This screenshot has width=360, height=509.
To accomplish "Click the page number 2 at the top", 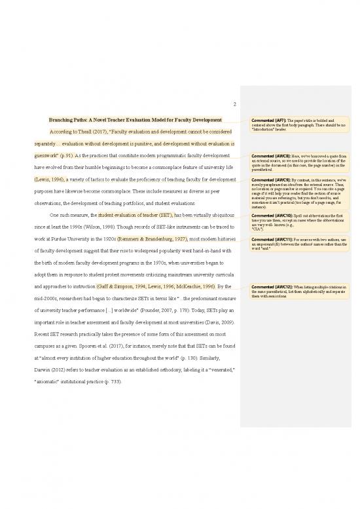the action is (234, 102).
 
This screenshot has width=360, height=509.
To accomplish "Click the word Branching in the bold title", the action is (65, 121).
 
